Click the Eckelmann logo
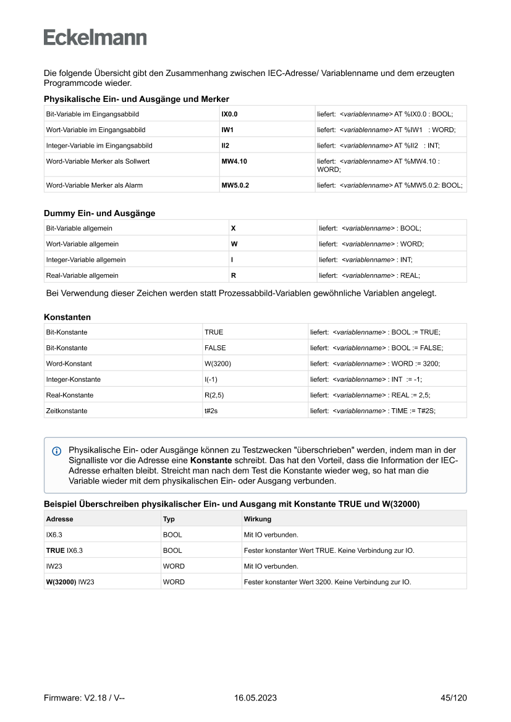point(95,38)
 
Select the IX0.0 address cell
point(230,114)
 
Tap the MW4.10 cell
point(235,161)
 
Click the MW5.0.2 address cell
point(235,185)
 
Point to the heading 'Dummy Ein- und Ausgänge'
point(99,213)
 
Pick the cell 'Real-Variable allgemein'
point(82,275)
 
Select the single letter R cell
point(233,275)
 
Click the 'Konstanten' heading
point(67,317)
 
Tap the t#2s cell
point(211,410)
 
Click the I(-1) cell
point(211,379)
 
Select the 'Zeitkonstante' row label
point(67,410)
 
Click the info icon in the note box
point(57,451)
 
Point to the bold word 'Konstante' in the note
point(211,461)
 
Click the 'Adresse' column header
point(59,519)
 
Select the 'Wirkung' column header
point(258,519)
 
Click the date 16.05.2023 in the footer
point(255,698)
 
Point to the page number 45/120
point(454,698)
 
